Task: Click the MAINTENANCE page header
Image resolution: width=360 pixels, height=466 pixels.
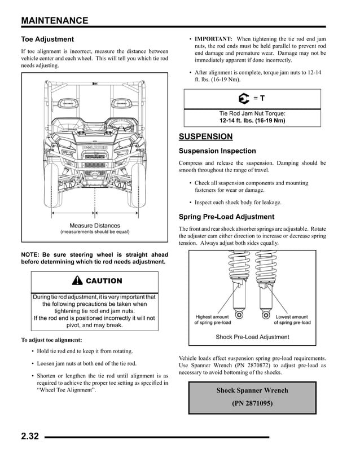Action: pyautogui.click(x=55, y=21)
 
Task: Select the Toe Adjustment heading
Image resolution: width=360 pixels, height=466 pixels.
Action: pyautogui.click(x=47, y=39)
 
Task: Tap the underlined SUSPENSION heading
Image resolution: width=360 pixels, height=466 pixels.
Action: pyautogui.click(x=205, y=137)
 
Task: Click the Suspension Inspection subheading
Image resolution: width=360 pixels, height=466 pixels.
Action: pyautogui.click(x=217, y=151)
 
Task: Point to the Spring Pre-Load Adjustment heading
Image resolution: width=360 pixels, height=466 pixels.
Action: pyautogui.click(x=226, y=217)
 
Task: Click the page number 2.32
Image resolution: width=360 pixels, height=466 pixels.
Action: pyautogui.click(x=30, y=437)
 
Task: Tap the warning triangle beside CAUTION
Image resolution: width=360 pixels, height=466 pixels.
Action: pyautogui.click(x=77, y=281)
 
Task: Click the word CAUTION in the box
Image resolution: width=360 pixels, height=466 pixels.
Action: pyautogui.click(x=104, y=281)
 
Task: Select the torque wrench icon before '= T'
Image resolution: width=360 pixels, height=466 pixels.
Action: pyautogui.click(x=243, y=99)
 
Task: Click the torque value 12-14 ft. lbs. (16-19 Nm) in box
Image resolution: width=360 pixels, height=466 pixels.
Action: pyautogui.click(x=252, y=120)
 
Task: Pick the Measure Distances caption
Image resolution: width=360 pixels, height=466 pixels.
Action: pyautogui.click(x=95, y=226)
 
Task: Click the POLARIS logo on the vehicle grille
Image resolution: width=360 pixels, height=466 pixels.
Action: pyautogui.click(x=95, y=148)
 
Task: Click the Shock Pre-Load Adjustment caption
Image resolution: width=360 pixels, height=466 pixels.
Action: pyautogui.click(x=252, y=337)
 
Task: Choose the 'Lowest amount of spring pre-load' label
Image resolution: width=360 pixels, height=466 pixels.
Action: pyautogui.click(x=292, y=320)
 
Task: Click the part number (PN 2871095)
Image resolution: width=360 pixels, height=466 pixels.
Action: pyautogui.click(x=252, y=403)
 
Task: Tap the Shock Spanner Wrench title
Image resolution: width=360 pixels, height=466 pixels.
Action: pyautogui.click(x=252, y=390)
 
